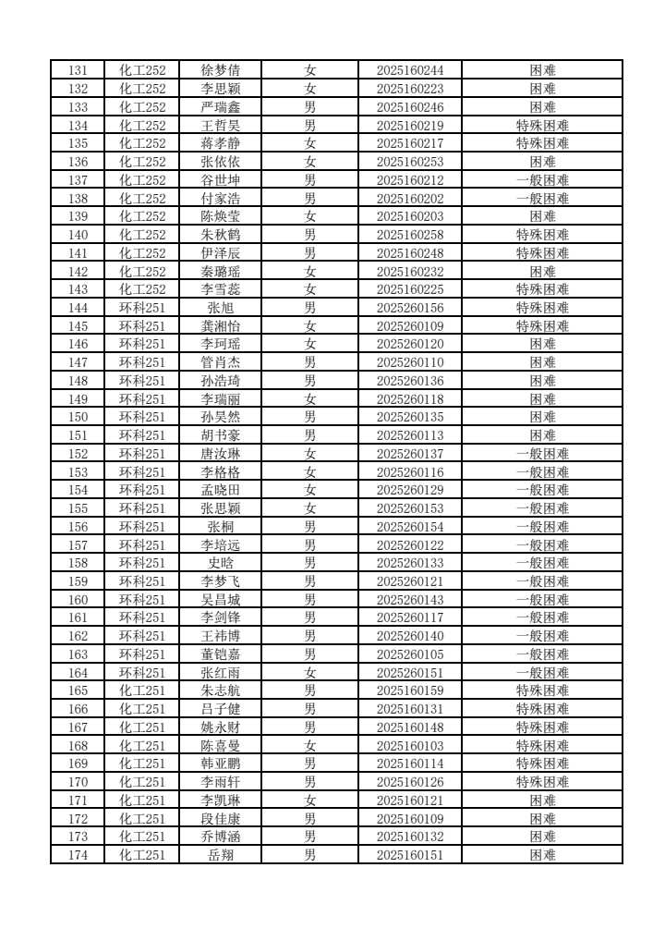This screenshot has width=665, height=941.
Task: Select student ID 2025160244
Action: [410, 70]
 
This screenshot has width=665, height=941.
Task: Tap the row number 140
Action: [79, 235]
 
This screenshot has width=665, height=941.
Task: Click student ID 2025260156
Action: [410, 308]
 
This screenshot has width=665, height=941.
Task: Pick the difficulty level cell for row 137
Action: [542, 180]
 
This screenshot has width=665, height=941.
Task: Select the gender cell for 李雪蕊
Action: [310, 289]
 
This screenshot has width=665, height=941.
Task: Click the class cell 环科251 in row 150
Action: [142, 417]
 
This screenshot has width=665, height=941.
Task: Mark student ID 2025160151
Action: [410, 855]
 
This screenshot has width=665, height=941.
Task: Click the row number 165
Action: [79, 690]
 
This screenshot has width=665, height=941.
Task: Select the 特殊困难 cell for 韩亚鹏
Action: [542, 764]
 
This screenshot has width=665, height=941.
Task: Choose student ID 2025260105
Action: [410, 654]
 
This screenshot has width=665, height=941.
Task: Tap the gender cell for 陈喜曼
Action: [310, 746]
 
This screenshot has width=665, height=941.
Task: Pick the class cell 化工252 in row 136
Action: [142, 162]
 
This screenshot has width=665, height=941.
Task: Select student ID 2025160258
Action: [410, 235]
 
